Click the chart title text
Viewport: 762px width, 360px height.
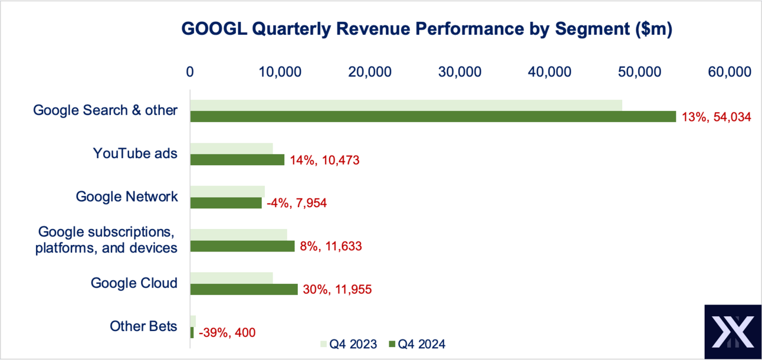pos(426,30)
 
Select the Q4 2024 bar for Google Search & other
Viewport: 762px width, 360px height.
pos(432,117)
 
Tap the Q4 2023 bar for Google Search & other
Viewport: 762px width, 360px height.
pos(406,105)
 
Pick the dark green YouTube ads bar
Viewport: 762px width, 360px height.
pos(237,160)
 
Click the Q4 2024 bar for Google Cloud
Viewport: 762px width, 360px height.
pos(244,289)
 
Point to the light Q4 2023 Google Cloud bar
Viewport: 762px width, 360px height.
pos(231,277)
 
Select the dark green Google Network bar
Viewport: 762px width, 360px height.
pos(226,203)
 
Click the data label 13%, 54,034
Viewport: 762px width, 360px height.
pos(716,117)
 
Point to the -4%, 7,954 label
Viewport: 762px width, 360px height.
pos(297,203)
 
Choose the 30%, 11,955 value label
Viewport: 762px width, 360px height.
pos(338,289)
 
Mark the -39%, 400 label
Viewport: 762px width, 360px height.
pos(227,333)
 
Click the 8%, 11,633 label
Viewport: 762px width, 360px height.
pos(330,246)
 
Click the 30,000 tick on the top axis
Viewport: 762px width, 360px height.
pos(461,72)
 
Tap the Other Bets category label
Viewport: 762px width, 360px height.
pos(143,326)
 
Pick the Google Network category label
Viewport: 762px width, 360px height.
pos(127,197)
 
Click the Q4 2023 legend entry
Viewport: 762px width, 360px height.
pos(348,344)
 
